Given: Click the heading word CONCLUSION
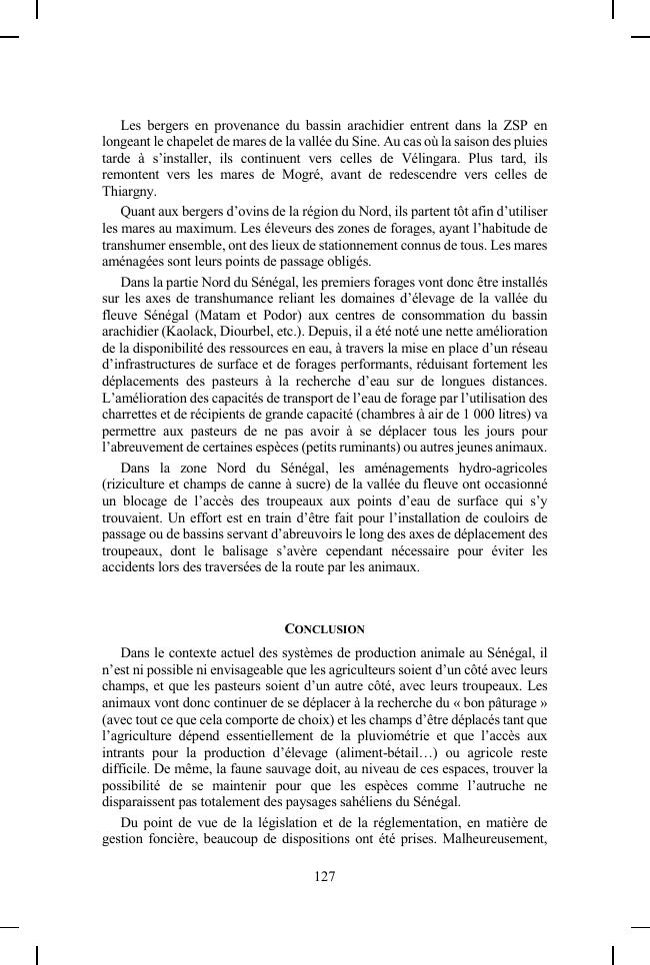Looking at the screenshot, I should pyautogui.click(x=325, y=628).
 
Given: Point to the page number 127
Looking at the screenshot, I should pyautogui.click(x=324, y=876).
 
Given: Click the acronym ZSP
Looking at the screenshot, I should pyautogui.click(x=502, y=125).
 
